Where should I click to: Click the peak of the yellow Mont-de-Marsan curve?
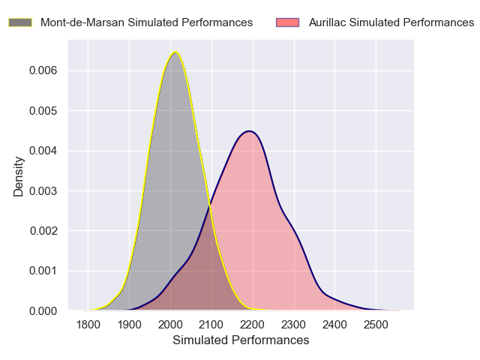click(175, 52)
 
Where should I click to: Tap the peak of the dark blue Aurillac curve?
click(250, 131)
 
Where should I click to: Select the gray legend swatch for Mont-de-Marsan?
click(20, 22)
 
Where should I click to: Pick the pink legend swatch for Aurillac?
click(288, 22)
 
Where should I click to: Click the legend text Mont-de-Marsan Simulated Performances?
click(146, 22)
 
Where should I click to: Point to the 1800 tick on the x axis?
click(88, 325)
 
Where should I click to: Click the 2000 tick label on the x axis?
click(170, 325)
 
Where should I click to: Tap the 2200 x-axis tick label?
click(253, 325)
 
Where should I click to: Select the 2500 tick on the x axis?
click(376, 325)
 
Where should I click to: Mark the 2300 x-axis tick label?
click(294, 325)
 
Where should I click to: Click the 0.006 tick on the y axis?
click(45, 70)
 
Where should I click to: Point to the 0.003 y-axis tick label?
click(45, 190)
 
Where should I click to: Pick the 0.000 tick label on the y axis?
click(45, 310)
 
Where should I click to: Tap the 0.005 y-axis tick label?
click(45, 111)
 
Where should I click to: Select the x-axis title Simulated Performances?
click(241, 340)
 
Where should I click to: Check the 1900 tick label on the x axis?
click(130, 325)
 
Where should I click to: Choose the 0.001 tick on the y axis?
click(45, 271)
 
